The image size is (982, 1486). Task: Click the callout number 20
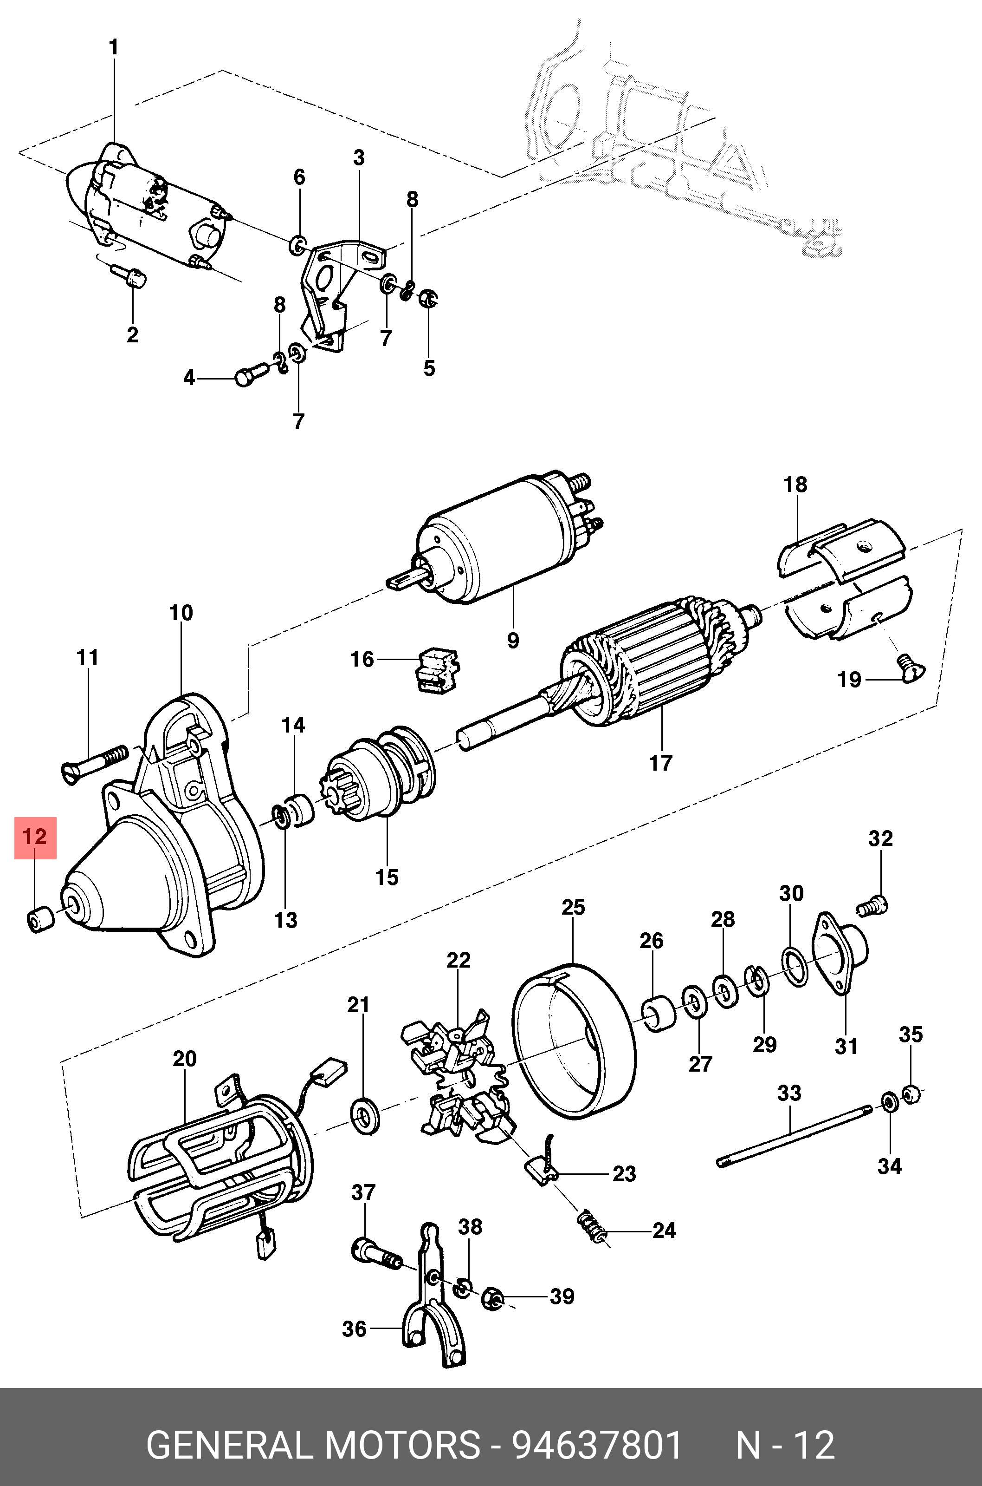tap(185, 1059)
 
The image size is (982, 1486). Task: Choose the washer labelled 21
tap(364, 1116)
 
